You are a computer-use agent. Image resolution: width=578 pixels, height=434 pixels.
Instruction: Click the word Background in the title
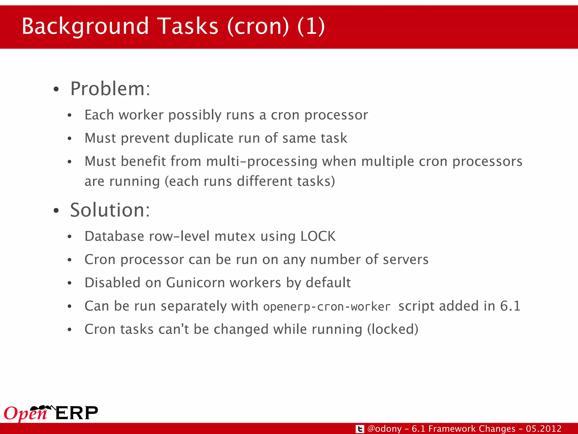coord(85,26)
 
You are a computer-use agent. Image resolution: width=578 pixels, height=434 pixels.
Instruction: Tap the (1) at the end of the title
coord(311,26)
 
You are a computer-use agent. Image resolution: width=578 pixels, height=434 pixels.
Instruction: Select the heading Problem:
coord(110,89)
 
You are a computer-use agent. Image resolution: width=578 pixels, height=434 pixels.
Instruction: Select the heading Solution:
coord(110,210)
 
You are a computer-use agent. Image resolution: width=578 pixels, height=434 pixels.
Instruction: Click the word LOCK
coord(318,236)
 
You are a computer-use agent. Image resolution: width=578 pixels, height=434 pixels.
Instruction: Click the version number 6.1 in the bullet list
coord(510,306)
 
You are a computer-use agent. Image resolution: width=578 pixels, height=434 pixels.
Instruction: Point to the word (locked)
coord(393,329)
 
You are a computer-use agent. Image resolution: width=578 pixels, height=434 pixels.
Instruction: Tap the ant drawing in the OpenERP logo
coord(42,408)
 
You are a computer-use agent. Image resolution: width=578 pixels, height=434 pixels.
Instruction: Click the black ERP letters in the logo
coord(77,413)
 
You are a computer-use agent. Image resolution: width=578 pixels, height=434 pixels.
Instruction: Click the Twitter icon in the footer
coord(360,429)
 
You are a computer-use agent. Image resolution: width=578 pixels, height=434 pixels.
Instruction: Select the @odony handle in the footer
coord(384,429)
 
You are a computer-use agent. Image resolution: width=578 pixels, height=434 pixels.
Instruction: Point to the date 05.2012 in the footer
coord(544,429)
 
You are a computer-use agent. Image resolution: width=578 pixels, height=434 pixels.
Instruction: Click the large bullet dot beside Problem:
coord(56,89)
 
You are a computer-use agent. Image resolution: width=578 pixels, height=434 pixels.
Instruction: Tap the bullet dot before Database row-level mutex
coord(69,237)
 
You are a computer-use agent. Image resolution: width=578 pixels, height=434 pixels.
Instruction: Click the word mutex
coord(235,236)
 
